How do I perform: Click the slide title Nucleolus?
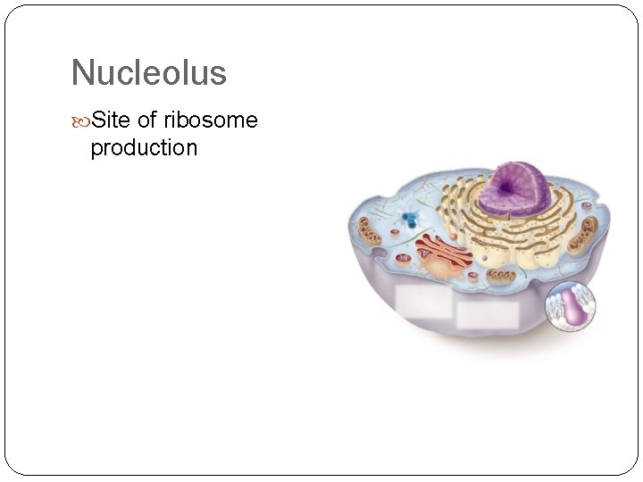[x=148, y=72]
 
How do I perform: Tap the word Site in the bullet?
[x=111, y=120]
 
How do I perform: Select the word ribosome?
[x=211, y=120]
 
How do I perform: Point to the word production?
[x=144, y=147]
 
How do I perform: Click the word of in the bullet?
[x=147, y=120]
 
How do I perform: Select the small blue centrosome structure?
[x=410, y=220]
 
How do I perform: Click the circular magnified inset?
[x=571, y=308]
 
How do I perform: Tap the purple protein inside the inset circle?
[x=574, y=309]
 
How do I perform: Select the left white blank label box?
[x=423, y=303]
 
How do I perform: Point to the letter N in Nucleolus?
[x=81, y=72]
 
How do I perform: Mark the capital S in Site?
[x=98, y=120]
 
